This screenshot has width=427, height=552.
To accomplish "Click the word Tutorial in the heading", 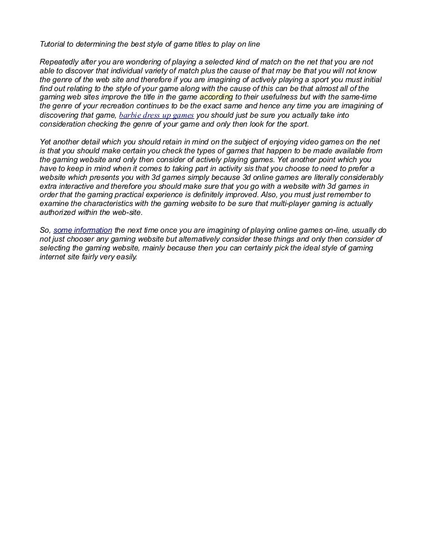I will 53,43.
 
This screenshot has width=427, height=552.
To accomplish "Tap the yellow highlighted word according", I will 216,97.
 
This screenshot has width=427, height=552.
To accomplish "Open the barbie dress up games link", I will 156,115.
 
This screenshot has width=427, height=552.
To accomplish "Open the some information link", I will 83,230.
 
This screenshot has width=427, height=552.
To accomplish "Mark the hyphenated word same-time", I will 356,97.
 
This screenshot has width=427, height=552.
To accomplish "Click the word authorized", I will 58,213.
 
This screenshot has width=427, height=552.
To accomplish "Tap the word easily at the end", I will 125,257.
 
